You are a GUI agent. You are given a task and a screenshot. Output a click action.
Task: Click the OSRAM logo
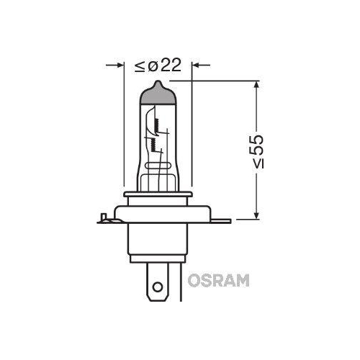point(218,280)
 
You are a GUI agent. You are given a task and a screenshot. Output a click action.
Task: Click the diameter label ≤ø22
point(158,65)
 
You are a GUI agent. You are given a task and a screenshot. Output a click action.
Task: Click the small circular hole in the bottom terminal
point(158,287)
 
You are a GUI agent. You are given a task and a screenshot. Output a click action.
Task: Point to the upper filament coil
point(157,125)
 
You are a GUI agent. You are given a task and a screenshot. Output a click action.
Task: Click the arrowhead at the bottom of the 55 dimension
point(256,214)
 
